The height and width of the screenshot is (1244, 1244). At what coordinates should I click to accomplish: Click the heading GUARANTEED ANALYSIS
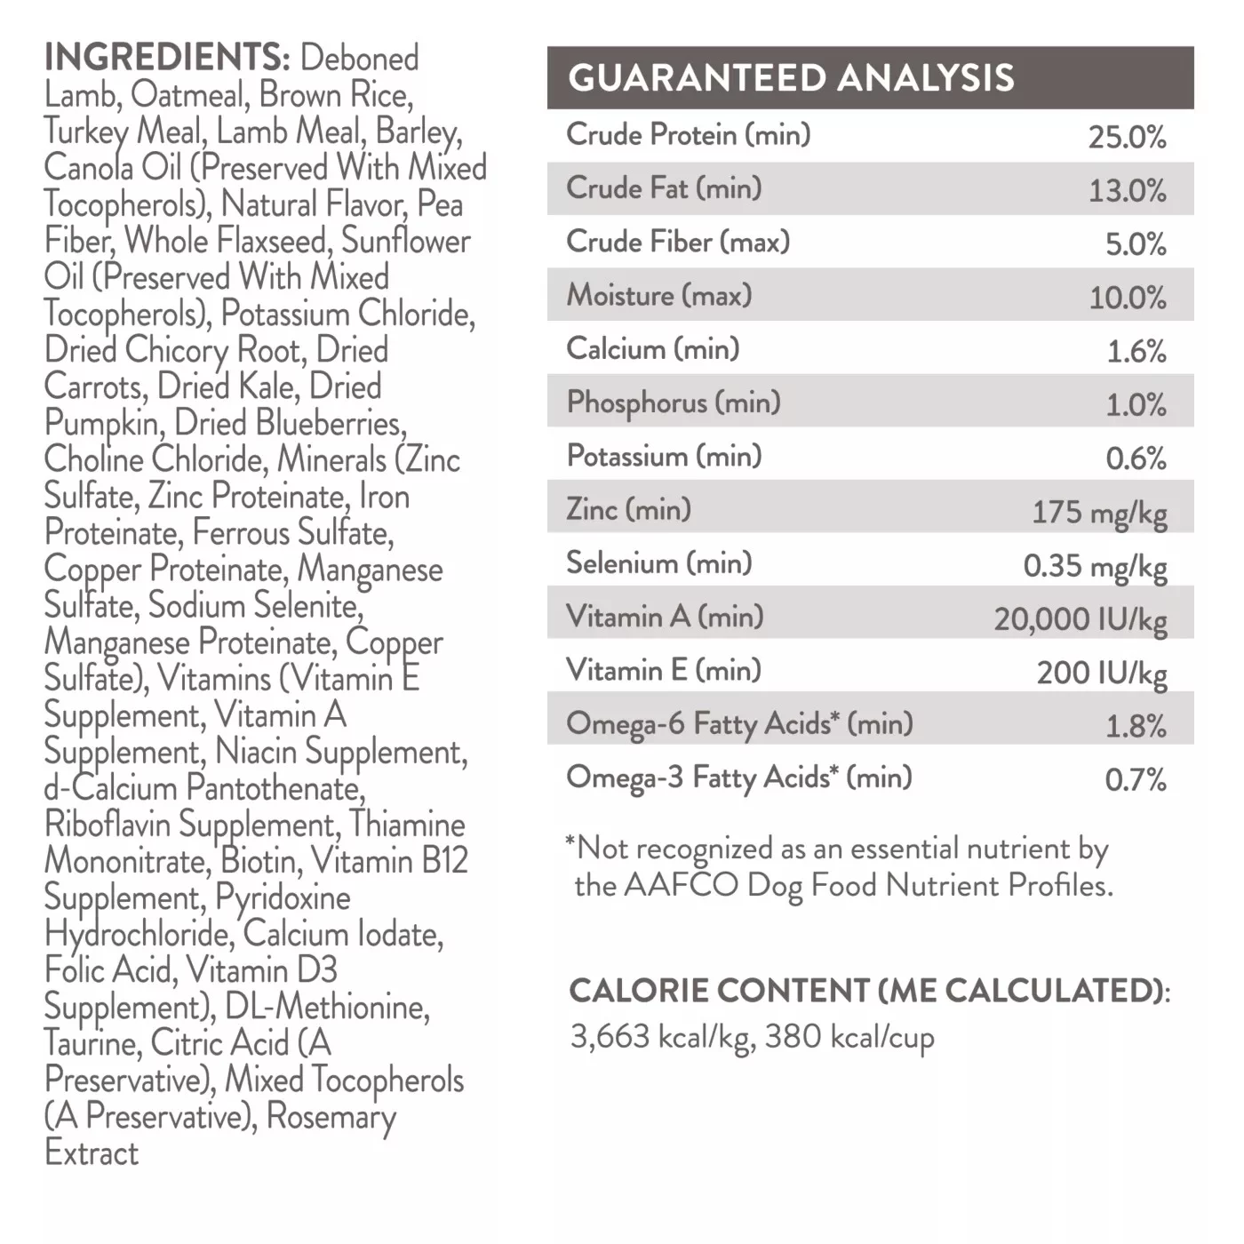pos(791,78)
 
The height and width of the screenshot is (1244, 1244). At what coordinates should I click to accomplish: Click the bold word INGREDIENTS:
pos(167,58)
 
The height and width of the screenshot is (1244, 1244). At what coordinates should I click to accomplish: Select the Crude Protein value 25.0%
pos(1127,137)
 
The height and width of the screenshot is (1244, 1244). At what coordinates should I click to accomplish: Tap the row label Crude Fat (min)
pos(664,188)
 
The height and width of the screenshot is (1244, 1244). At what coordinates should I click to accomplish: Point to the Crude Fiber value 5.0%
pos(1135,243)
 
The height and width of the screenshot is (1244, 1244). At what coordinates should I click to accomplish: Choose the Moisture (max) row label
pos(659,295)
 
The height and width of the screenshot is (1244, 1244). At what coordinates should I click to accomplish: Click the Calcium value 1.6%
pos(1136,351)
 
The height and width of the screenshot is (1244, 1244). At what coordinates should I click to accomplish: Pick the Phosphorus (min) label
pos(674,403)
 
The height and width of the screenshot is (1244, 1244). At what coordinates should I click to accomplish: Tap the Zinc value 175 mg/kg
pos(1099,513)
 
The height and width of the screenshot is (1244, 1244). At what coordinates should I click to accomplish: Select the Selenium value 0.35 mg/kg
pos(1095,566)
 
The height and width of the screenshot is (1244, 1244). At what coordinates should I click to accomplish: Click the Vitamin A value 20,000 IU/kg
pos(1081,619)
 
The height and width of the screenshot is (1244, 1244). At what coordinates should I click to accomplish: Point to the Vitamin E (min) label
pos(664,670)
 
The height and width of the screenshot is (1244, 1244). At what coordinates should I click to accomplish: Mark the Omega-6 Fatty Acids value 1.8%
pos(1135,726)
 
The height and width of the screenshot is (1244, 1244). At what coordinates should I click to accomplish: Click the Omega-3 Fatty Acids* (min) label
pos(739,777)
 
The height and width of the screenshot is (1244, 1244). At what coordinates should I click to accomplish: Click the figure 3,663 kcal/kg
pos(661,1037)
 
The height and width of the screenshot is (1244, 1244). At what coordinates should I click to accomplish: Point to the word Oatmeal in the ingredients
pos(187,95)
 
